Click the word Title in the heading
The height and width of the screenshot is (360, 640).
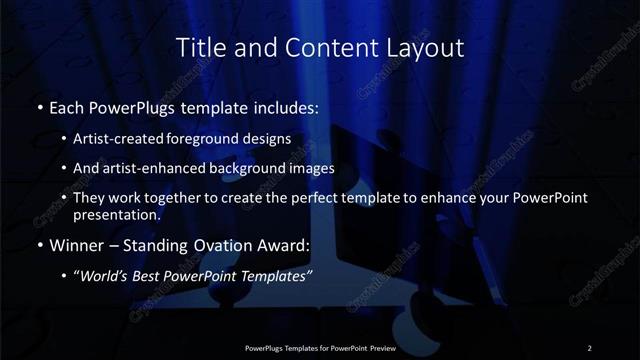pyautogui.click(x=199, y=47)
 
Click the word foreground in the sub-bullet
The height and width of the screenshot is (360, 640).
pyautogui.click(x=217, y=140)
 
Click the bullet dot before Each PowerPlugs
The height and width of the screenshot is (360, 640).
pyautogui.click(x=39, y=106)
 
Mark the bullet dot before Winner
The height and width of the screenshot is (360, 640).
pyautogui.click(x=39, y=244)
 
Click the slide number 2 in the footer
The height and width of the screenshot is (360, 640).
pyautogui.click(x=589, y=347)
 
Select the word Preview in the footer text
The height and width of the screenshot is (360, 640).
pyautogui.click(x=377, y=347)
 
